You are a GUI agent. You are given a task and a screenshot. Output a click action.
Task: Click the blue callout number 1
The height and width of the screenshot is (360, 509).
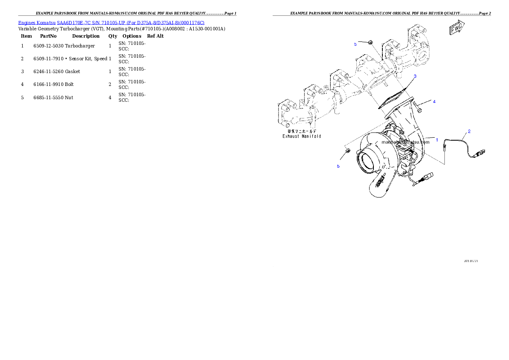click(x=437, y=139)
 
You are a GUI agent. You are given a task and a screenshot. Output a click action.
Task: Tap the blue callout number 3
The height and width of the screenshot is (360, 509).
click(x=414, y=76)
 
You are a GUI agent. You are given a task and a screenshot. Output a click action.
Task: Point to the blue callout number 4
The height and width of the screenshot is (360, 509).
click(x=434, y=102)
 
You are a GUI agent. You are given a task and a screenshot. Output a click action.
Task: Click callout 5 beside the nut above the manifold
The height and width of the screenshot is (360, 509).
click(x=355, y=44)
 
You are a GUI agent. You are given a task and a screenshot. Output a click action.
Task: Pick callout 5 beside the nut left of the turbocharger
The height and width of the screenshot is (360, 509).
click(x=338, y=166)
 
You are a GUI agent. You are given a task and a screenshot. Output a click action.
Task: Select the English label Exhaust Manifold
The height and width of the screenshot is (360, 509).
click(x=302, y=136)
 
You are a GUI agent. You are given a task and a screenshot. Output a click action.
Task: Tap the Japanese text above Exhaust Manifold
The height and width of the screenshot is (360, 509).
click(x=302, y=131)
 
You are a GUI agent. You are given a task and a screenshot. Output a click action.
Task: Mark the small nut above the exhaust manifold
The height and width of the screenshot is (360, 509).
click(x=371, y=42)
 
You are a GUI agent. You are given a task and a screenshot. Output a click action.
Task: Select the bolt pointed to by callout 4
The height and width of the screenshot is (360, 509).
click(x=419, y=105)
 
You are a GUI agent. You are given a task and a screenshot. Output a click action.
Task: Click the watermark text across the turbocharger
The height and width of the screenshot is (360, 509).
click(x=405, y=142)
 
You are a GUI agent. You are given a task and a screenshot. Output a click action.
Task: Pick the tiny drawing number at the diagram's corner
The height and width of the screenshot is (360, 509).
click(x=471, y=260)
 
